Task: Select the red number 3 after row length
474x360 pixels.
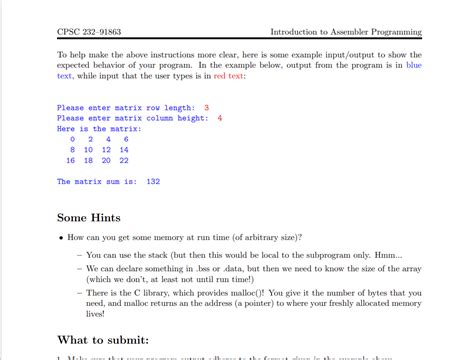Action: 206,107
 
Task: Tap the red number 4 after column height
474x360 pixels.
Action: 219,118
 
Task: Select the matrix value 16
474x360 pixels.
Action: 70,160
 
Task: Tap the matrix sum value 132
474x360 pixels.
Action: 153,182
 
